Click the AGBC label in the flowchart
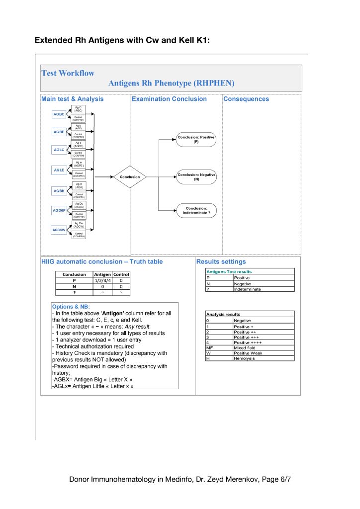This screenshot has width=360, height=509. [59, 114]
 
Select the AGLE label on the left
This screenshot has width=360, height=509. [59, 170]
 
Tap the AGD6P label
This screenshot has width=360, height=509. [59, 210]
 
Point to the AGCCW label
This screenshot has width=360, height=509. [59, 230]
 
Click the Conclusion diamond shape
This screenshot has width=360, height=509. [130, 176]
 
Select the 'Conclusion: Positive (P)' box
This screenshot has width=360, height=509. [196, 139]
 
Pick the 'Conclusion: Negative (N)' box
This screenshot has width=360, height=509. [196, 176]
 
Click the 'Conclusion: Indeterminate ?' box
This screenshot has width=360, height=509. [196, 210]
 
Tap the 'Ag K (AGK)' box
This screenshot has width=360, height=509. [79, 186]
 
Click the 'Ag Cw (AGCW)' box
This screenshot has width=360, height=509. [79, 225]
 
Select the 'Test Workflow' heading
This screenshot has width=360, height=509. [68, 73]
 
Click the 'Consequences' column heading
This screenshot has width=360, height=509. [246, 99]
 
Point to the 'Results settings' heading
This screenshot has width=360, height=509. [221, 261]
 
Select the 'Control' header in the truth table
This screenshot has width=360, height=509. [121, 274]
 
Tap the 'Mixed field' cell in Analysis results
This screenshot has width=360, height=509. [245, 348]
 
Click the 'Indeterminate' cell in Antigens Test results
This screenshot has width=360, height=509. [247, 289]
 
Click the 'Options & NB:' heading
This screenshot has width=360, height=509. [70, 307]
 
